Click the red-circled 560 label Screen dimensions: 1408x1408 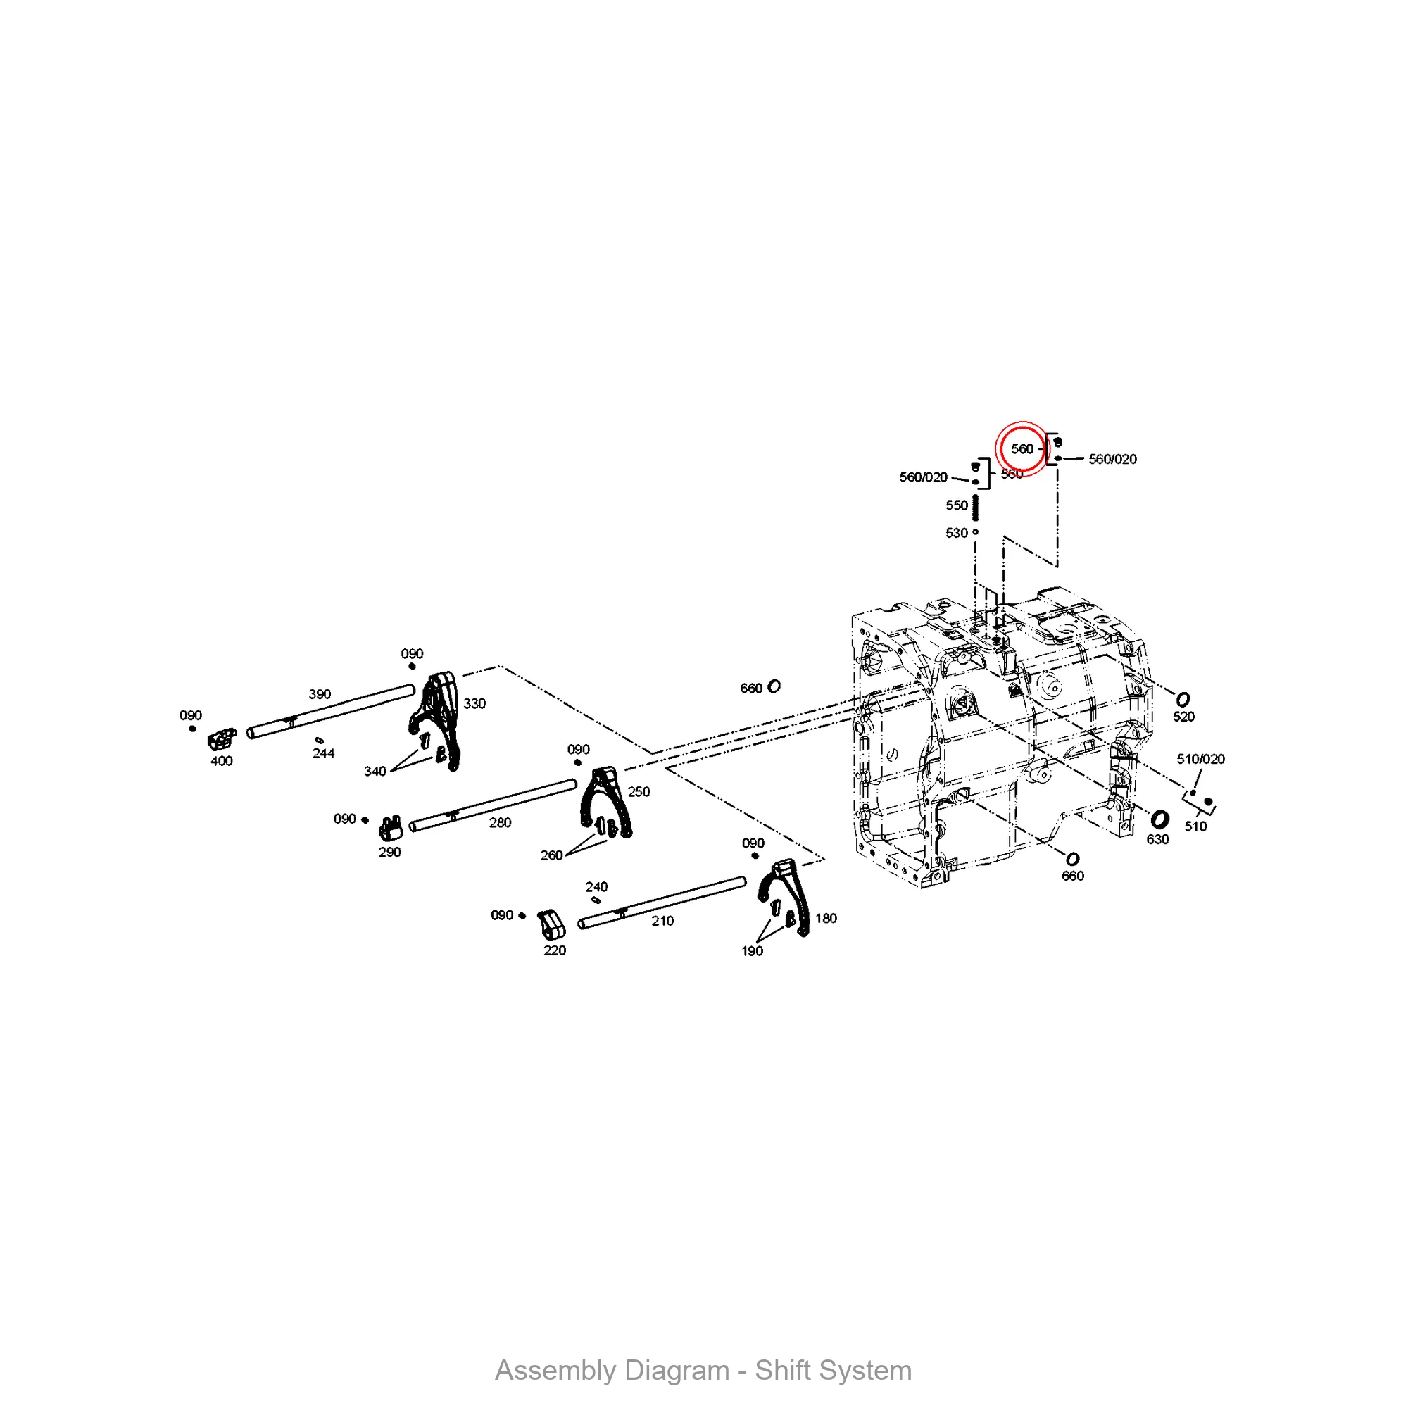1022,449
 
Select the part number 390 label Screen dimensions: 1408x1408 319,694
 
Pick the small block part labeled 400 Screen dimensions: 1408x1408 222,739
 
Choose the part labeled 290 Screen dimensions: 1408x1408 391,828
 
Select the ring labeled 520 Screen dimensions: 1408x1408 1183,700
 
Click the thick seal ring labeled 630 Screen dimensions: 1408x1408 1159,819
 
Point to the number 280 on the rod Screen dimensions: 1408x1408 500,823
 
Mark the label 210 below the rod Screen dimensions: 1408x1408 662,921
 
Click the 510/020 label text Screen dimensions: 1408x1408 1201,759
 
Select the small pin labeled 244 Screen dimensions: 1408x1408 318,741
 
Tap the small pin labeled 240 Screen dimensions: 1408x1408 596,900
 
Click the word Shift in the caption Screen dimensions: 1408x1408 784,1370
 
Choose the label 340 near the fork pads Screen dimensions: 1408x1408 375,771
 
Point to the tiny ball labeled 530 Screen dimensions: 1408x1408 975,532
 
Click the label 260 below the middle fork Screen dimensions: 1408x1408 551,855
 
